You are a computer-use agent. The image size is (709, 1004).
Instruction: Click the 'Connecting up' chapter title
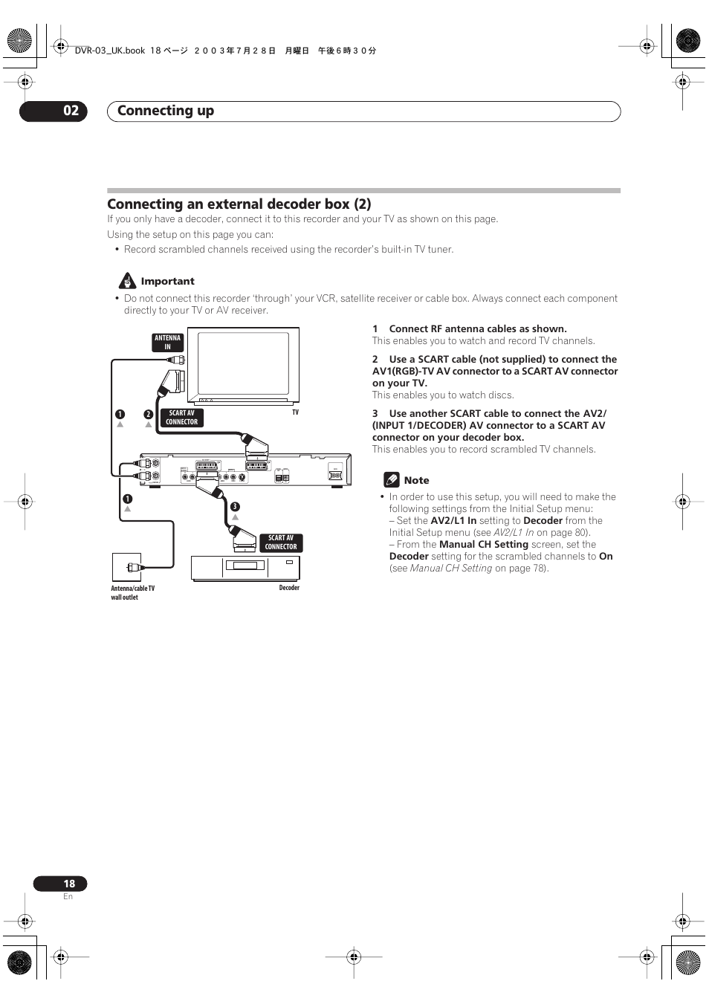(x=165, y=111)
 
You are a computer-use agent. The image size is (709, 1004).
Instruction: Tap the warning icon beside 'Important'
(x=127, y=281)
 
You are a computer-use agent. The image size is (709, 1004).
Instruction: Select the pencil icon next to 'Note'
(x=392, y=480)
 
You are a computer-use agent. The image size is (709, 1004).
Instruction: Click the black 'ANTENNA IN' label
(x=167, y=342)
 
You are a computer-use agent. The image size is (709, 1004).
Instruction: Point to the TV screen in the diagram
(x=243, y=364)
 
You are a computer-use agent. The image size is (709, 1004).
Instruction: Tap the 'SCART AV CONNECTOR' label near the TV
(x=181, y=418)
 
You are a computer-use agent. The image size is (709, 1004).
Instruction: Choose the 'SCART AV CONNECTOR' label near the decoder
(x=280, y=543)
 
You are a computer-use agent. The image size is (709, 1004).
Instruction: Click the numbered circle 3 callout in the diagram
(x=235, y=507)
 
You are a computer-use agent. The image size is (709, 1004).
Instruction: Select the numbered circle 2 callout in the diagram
(x=148, y=415)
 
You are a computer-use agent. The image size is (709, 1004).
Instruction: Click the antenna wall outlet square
(x=126, y=567)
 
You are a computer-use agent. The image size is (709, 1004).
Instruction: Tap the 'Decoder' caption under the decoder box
(x=289, y=588)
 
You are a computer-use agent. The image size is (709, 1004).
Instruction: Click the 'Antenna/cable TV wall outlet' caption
(x=132, y=592)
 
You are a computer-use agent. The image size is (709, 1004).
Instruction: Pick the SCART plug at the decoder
(x=244, y=537)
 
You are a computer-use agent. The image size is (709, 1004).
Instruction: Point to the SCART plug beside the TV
(x=175, y=380)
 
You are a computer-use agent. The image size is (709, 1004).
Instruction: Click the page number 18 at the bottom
(x=69, y=884)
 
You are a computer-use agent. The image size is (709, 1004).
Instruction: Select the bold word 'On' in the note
(x=606, y=556)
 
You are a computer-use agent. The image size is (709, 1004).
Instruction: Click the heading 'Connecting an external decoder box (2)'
(x=239, y=204)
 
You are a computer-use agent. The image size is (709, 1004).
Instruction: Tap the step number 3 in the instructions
(x=375, y=413)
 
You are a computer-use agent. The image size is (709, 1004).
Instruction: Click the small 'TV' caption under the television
(x=295, y=412)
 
